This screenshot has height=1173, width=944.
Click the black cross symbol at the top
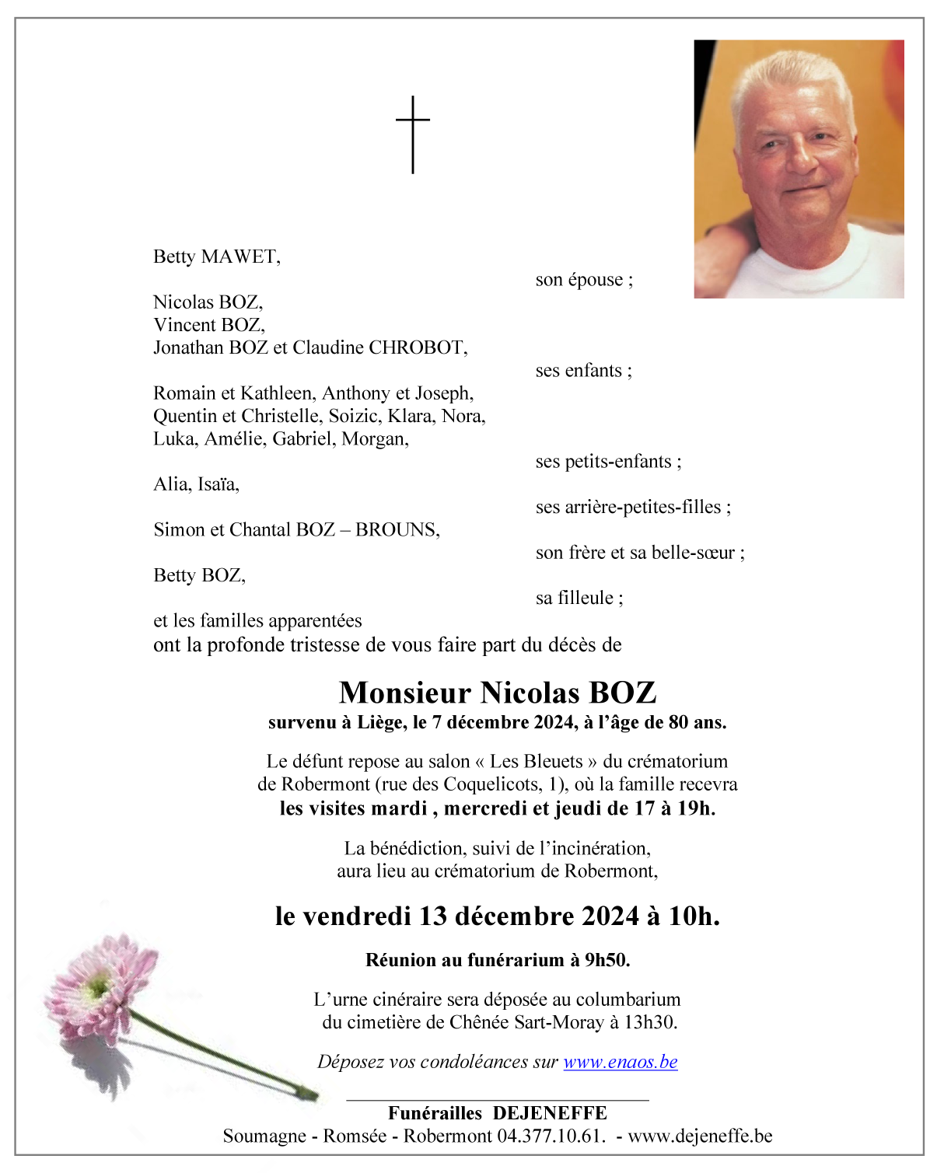tap(412, 134)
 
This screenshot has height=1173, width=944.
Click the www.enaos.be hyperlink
tap(620, 1062)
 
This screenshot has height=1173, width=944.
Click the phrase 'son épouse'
tap(583, 280)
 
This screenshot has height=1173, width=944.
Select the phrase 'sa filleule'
tap(579, 598)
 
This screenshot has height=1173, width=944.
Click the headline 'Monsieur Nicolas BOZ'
tap(498, 692)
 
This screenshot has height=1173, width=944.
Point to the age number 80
tap(677, 722)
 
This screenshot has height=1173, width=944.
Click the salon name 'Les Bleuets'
tap(536, 761)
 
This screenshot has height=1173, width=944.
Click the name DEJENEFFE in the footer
tap(550, 1113)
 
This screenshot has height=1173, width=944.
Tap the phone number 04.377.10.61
tap(550, 1136)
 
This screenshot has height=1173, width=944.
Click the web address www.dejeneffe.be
tap(700, 1136)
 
